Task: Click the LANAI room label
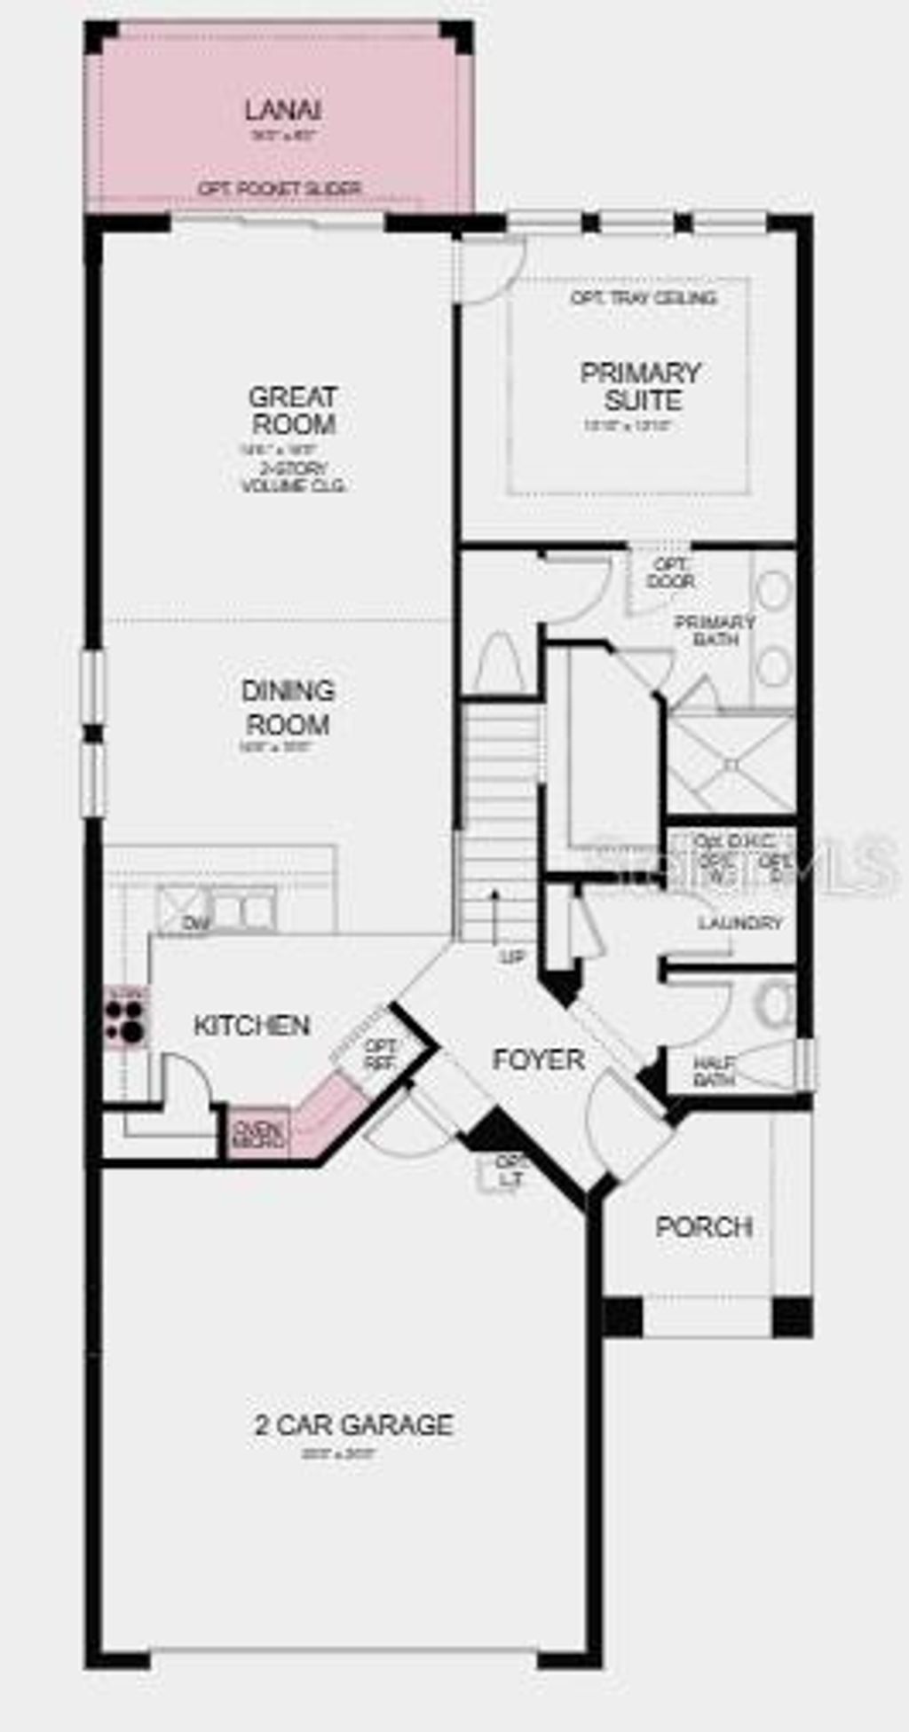pos(282,111)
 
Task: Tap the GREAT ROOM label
pos(292,410)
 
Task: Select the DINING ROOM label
pos(288,707)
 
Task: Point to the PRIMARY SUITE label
pos(641,386)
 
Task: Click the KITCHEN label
pos(251,1026)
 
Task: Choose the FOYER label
pos(538,1059)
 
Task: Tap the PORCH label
pos(704,1227)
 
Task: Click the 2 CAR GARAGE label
pos(353,1424)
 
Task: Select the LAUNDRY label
pos(739,924)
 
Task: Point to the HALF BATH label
pos(713,1072)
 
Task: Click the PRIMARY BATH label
pos(715,630)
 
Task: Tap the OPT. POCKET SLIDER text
pos(280,189)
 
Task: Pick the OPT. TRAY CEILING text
pos(644,298)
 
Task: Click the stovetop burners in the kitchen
pos(125,1020)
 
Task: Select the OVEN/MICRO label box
pos(259,1133)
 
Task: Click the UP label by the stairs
pos(512,957)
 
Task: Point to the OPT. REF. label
pos(380,1055)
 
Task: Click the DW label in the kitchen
pos(195,924)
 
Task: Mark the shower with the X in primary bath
pos(731,763)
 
